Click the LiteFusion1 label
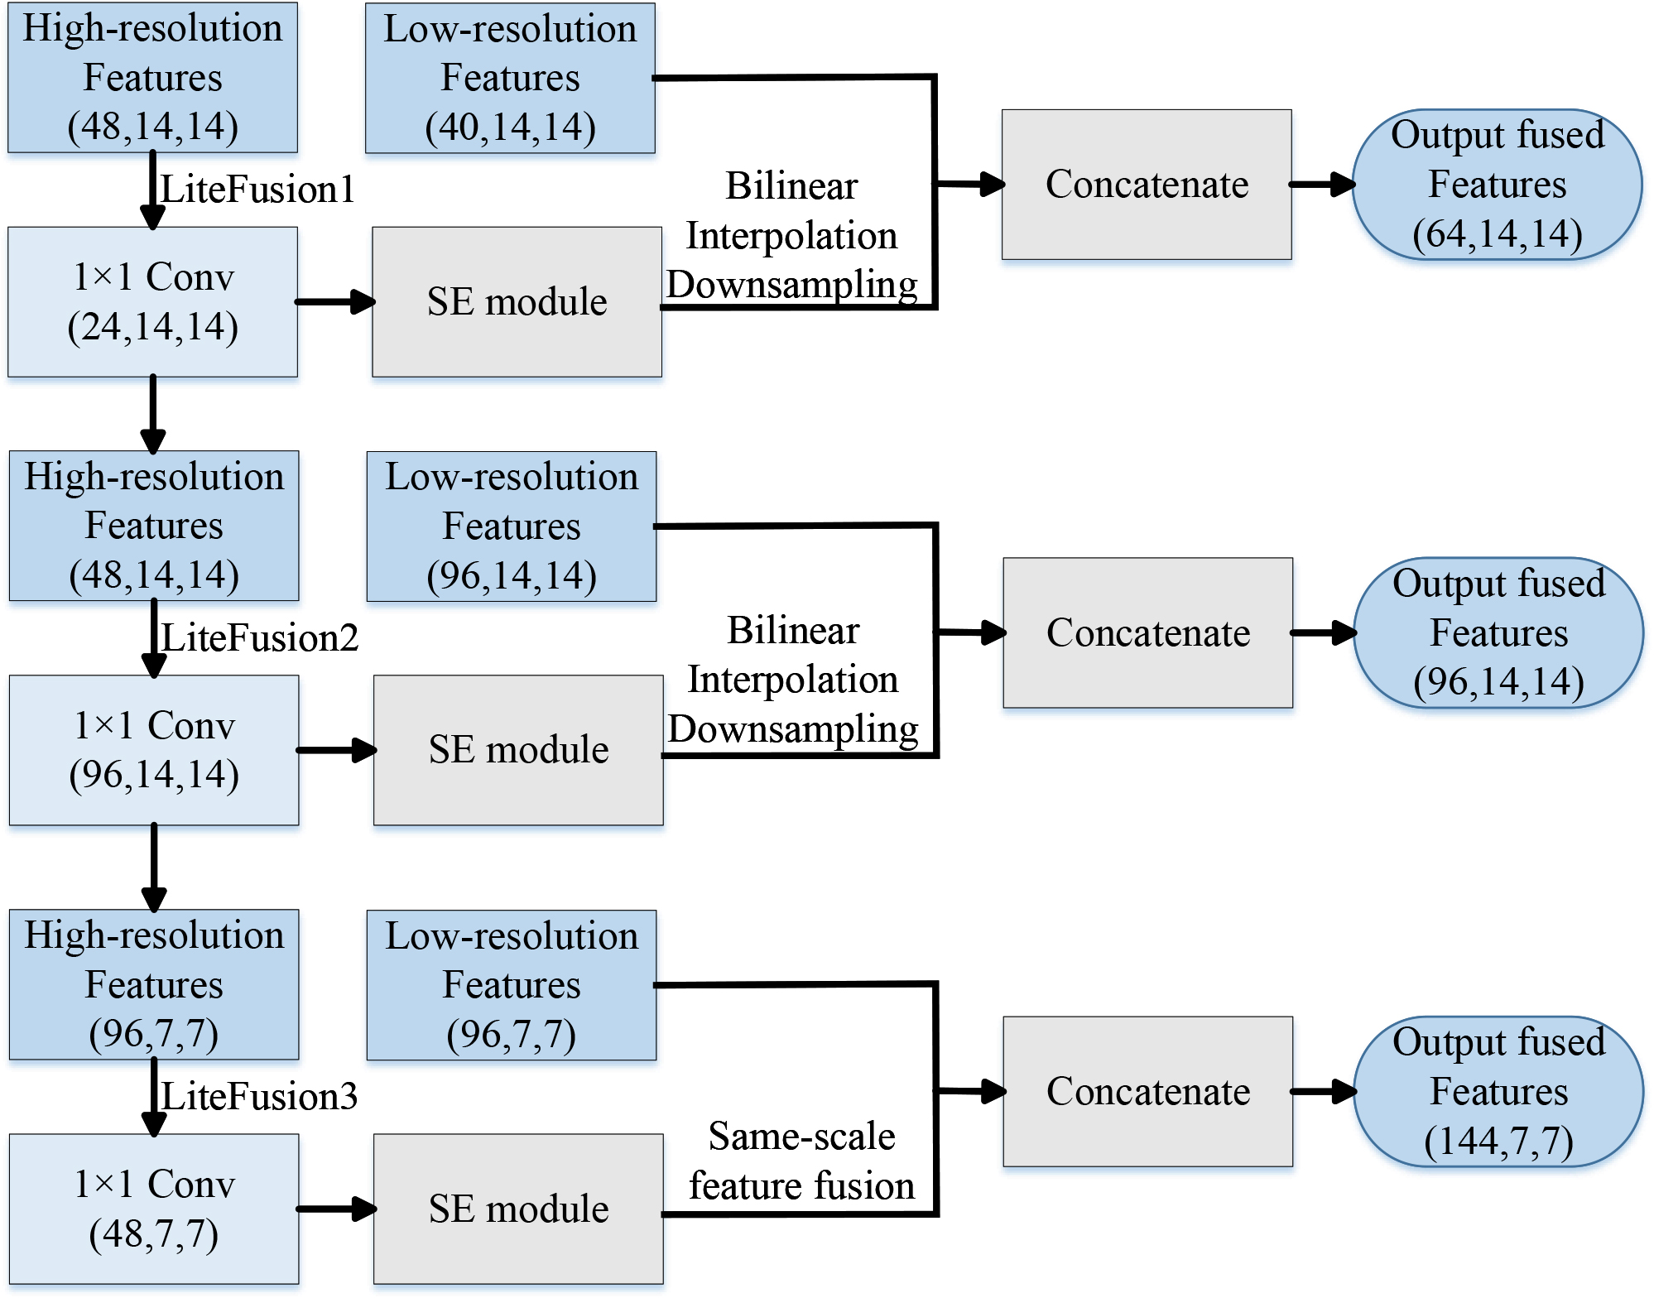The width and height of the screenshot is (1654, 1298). point(257,190)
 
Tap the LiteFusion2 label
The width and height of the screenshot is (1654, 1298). point(259,638)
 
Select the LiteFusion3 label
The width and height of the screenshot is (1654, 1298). point(259,1097)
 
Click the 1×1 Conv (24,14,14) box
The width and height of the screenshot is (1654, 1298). point(153,302)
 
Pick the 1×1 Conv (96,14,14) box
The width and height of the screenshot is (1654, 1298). point(154,750)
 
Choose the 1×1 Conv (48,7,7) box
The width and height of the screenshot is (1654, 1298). point(154,1209)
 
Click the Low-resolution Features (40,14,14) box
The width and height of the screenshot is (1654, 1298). point(510,78)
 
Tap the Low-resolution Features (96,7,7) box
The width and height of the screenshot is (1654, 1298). point(512,985)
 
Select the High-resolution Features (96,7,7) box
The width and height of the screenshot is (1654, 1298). point(154,984)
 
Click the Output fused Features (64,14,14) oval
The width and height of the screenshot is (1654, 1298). point(1497,185)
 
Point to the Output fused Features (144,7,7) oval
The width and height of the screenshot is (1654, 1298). point(1498,1091)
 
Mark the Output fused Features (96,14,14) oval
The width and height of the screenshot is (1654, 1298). point(1498,632)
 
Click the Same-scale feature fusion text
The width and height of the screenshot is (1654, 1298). point(801,1161)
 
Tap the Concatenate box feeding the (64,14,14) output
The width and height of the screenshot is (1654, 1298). point(1147,185)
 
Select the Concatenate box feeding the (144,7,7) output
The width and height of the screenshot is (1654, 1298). point(1147,1091)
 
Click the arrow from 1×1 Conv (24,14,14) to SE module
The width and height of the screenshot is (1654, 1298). point(334,302)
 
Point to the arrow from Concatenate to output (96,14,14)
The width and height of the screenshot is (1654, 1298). point(1323,633)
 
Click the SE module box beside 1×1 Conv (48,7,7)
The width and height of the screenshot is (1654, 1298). point(518,1209)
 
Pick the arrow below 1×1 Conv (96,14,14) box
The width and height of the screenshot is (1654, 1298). point(154,866)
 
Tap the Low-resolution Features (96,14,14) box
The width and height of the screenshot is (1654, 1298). point(512,526)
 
